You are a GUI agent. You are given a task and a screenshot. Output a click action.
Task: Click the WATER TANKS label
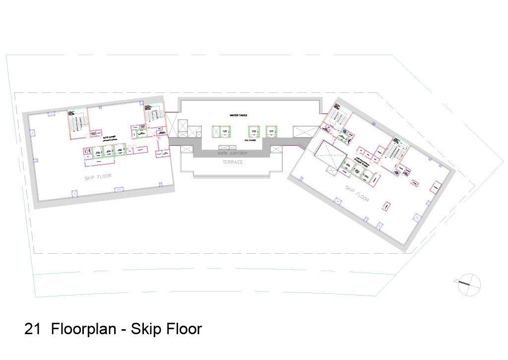click(238, 115)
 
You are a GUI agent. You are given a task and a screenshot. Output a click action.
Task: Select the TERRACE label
click(233, 162)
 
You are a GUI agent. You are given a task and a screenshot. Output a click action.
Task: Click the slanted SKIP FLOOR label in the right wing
click(357, 193)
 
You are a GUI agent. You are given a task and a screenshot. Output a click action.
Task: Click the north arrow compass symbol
click(469, 285)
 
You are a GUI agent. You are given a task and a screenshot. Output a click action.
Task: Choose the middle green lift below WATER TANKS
click(254, 132)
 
